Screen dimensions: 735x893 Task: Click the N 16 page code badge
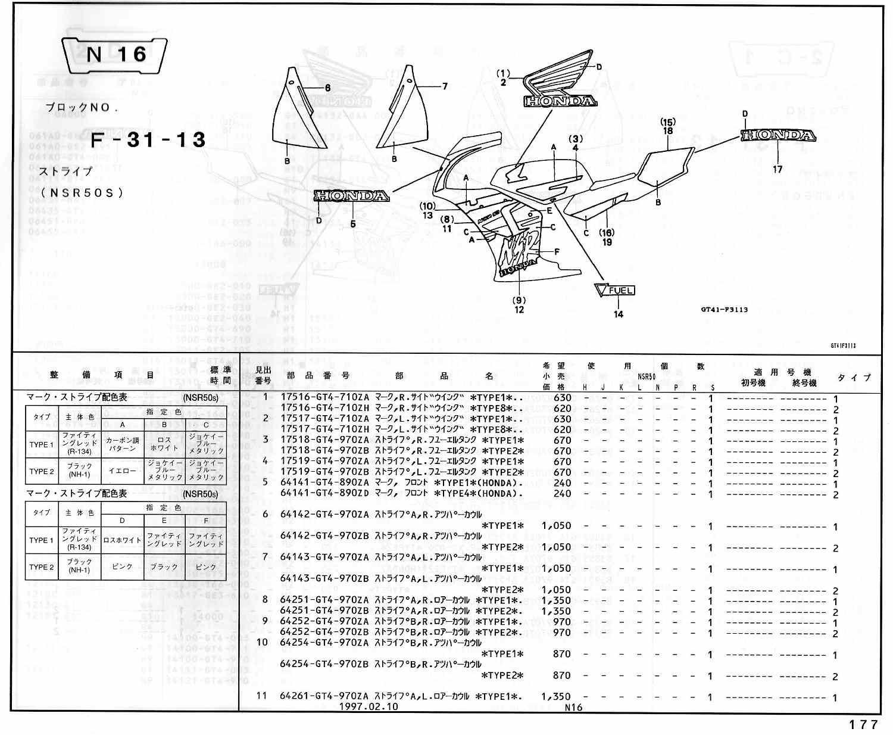tap(115, 55)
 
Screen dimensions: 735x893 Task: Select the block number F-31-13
tap(148, 140)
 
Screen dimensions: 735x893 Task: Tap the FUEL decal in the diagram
tap(615, 290)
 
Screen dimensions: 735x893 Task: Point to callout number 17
tap(778, 169)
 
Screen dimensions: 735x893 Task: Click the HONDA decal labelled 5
tap(351, 196)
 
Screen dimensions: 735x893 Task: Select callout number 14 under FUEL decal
tap(619, 314)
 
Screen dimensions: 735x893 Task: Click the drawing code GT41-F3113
tap(724, 309)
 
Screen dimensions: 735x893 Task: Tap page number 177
tap(863, 724)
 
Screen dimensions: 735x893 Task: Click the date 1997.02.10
tap(369, 707)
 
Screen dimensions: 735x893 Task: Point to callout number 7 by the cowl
tap(444, 86)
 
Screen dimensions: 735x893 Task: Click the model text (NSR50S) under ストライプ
tap(83, 192)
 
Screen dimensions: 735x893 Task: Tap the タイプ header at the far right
tap(854, 378)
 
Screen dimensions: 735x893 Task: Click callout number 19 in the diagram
tap(607, 242)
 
